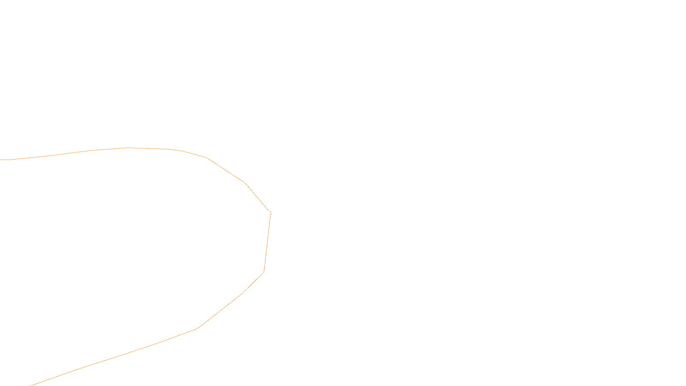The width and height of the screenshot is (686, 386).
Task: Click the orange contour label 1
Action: coord(271,213)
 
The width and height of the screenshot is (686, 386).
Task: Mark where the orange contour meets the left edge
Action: coord(1,160)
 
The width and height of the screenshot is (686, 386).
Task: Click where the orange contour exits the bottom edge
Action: coord(31,385)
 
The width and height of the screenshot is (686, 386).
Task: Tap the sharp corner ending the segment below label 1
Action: coord(264,271)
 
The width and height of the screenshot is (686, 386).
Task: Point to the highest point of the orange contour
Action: coord(129,148)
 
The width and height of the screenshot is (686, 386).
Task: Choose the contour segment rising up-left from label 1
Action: coord(257,197)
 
